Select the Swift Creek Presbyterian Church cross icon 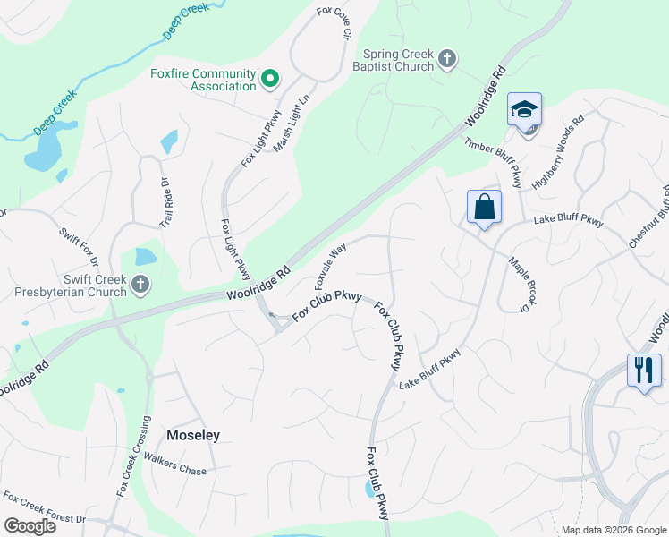point(140,285)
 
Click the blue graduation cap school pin point(524,111)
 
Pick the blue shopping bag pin point(484,208)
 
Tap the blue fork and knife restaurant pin point(644,370)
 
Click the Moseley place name point(193,435)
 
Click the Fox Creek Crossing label point(131,456)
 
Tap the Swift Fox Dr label point(79,247)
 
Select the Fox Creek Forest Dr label point(43,507)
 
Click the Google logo point(30,525)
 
